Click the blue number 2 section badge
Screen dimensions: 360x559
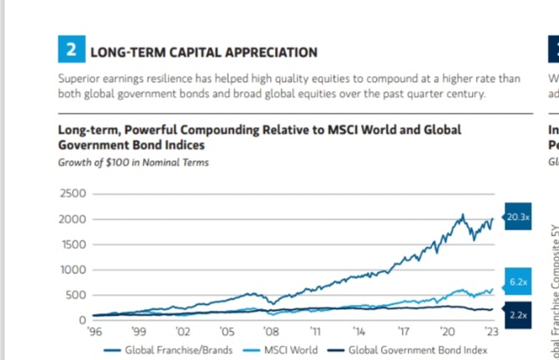71,50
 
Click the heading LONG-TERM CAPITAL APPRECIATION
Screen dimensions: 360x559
203,52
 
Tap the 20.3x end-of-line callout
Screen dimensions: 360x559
518,216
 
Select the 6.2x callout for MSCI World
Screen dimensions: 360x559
518,282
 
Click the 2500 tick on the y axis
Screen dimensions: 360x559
74,194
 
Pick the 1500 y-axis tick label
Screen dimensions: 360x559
74,244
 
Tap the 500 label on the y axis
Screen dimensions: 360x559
77,295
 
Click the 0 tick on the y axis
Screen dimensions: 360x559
83,320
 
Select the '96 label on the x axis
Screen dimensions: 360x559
94,332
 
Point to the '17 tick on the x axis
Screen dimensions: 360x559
404,332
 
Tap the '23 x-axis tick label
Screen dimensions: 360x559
492,332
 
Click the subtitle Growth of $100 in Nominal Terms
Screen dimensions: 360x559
133,162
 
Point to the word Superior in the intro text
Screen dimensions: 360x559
78,79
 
